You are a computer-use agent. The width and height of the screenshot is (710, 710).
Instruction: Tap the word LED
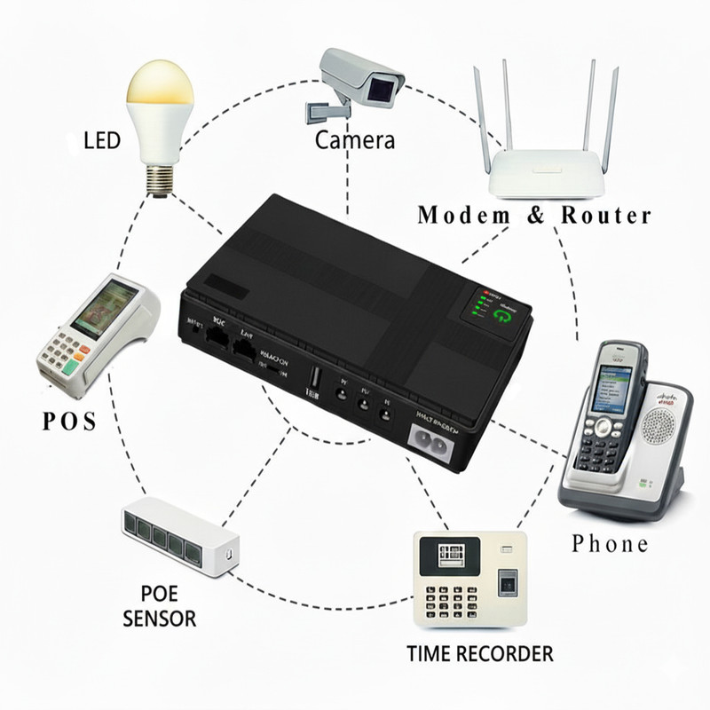pyautogui.click(x=101, y=141)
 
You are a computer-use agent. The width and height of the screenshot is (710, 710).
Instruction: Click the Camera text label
pyautogui.click(x=355, y=140)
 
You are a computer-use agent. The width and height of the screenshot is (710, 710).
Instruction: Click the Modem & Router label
pyautogui.click(x=534, y=216)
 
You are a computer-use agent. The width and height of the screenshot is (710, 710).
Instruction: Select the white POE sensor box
pyautogui.click(x=179, y=536)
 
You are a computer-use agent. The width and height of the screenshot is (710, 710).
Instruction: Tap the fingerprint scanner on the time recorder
pyautogui.click(x=508, y=585)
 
